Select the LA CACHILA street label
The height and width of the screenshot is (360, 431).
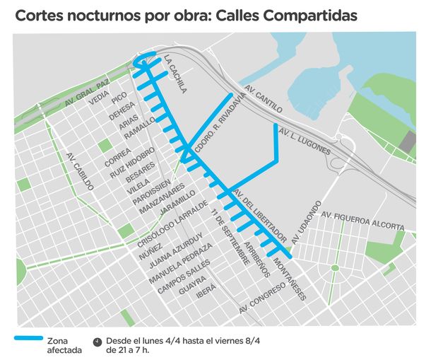(x=175, y=74)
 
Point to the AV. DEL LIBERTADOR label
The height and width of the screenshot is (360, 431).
(x=259, y=214)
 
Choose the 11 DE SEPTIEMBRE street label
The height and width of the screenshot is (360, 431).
(x=228, y=233)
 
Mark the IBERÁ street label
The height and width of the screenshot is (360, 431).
(x=206, y=298)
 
